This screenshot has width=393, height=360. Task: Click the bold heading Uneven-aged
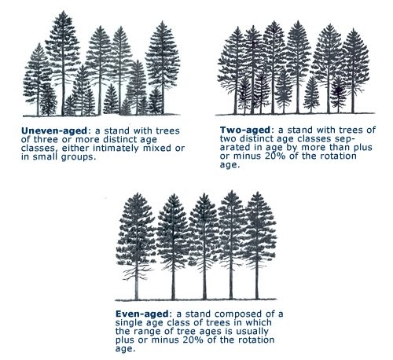pyautogui.click(x=54, y=130)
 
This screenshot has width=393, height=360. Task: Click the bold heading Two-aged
pyautogui.click(x=245, y=130)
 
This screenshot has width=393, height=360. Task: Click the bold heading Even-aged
pyautogui.click(x=142, y=314)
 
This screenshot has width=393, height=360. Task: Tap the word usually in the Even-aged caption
pyautogui.click(x=252, y=332)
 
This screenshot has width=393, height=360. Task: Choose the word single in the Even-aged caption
pyautogui.click(x=128, y=323)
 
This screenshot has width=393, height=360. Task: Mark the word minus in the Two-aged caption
pyautogui.click(x=246, y=156)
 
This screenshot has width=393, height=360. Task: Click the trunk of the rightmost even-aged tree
pyautogui.click(x=257, y=283)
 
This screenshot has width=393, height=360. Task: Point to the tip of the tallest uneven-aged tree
pyautogui.click(x=63, y=11)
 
